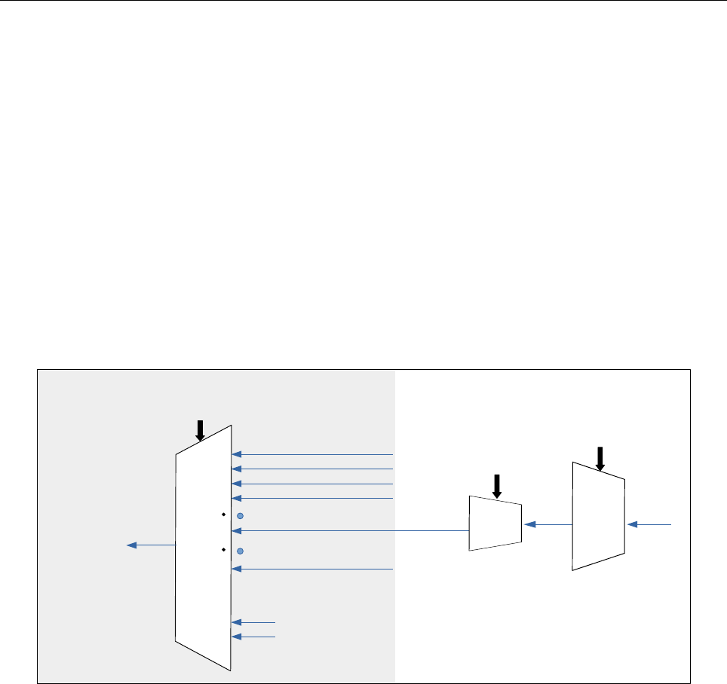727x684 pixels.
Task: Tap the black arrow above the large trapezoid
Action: (200, 430)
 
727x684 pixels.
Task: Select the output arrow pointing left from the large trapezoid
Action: (151, 545)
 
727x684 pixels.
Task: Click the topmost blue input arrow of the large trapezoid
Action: (313, 454)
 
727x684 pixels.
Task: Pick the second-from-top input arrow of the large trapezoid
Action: (313, 469)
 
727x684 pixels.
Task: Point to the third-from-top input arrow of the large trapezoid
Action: (313, 484)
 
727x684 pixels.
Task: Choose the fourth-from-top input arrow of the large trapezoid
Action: (313, 498)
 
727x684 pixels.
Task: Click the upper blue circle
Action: (240, 516)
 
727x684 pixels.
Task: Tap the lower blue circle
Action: (240, 551)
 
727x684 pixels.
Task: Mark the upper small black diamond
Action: (224, 515)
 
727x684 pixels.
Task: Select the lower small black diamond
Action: (224, 551)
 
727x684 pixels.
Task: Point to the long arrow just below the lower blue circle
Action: (313, 569)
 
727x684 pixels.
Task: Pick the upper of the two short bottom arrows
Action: (254, 622)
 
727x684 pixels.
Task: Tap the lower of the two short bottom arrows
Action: (254, 637)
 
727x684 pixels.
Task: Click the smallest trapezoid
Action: (495, 524)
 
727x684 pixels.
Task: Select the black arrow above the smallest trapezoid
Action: (496, 486)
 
